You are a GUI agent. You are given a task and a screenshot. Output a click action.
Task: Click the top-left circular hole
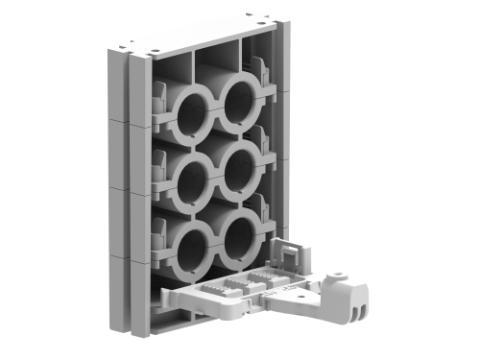(x=189, y=113)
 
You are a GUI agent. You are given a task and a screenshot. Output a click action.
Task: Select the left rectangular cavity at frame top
(x=171, y=70)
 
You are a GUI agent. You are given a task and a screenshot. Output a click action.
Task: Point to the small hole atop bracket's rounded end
(x=340, y=271)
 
